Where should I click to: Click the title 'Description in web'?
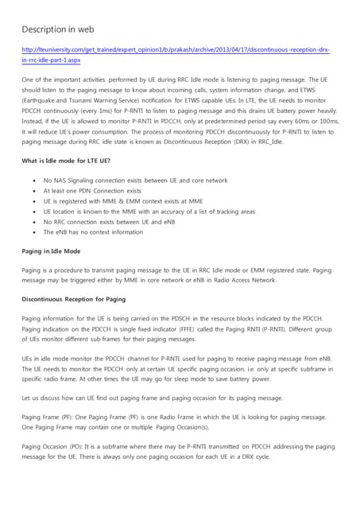[x=58, y=29]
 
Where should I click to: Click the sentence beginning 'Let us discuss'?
[x=152, y=397]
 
